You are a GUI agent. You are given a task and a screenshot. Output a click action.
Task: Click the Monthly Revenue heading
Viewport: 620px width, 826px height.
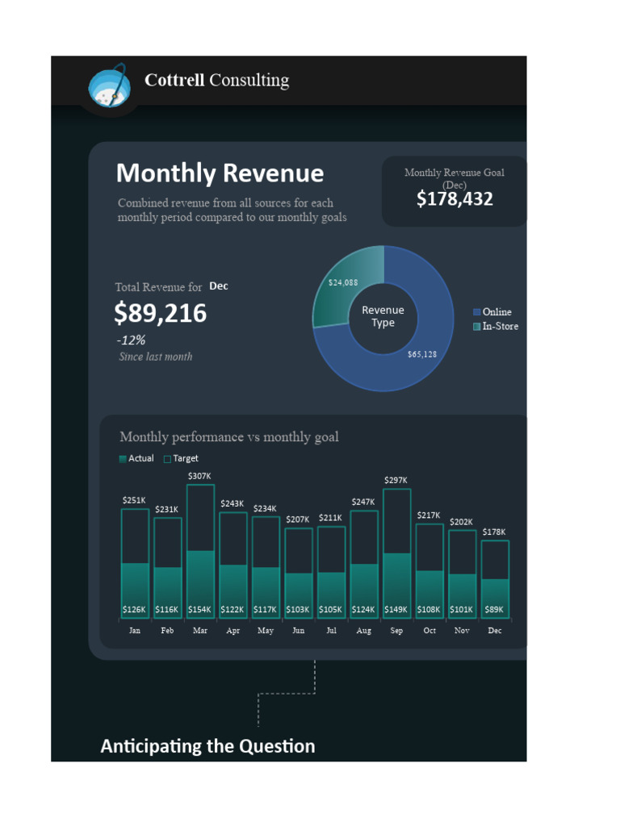point(220,173)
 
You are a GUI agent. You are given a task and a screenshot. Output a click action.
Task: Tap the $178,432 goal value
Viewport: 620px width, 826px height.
point(455,198)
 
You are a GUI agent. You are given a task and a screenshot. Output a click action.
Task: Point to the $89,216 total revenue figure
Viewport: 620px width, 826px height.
point(161,313)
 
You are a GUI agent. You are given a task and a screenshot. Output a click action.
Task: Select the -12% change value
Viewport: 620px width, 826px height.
point(131,340)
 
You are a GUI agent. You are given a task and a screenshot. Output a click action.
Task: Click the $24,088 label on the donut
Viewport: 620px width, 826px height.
point(343,282)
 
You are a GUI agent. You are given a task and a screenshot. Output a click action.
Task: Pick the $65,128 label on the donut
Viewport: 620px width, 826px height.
point(422,354)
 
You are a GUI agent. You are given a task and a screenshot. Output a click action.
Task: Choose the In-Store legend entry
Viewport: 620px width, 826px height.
point(496,327)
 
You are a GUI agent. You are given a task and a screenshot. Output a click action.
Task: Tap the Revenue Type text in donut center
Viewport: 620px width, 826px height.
point(383,316)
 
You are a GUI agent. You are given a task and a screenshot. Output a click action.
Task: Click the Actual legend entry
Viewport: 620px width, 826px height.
point(136,458)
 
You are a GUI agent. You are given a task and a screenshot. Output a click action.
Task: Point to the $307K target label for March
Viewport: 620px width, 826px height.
point(200,477)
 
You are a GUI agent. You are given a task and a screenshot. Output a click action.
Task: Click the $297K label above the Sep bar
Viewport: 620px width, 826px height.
point(396,480)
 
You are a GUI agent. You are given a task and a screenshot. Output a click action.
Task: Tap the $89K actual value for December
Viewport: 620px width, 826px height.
point(495,610)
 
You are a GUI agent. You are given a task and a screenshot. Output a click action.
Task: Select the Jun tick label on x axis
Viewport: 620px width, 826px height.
point(299,631)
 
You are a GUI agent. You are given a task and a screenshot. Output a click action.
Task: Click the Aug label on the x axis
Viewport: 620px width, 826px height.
point(364,631)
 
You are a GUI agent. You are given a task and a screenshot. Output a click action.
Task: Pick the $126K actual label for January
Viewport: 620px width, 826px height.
point(135,610)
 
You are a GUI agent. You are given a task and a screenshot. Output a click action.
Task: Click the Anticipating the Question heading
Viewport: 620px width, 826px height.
point(207,746)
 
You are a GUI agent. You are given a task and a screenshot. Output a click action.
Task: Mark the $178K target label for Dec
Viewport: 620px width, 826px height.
point(495,532)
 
